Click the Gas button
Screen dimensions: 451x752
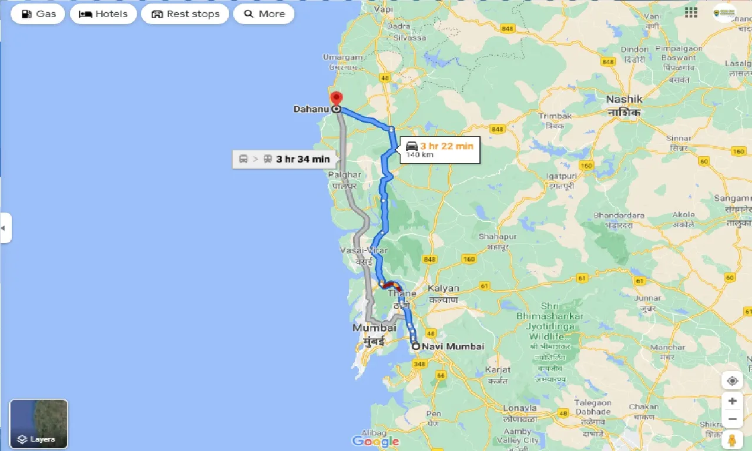coord(38,14)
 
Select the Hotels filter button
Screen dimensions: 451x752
coord(103,14)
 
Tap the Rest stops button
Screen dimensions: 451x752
coord(185,14)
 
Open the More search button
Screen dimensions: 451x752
coord(264,14)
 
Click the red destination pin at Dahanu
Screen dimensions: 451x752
coord(336,99)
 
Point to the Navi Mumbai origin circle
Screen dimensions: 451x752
coord(416,346)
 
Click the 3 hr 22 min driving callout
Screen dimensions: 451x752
coord(440,149)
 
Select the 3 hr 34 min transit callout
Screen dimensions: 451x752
coord(284,159)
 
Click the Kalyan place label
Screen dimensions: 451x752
coord(443,288)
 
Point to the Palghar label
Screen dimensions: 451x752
coord(344,175)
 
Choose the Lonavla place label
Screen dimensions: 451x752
coord(520,408)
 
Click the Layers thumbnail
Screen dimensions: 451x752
coord(39,423)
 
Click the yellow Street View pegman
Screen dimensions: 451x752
coord(732,440)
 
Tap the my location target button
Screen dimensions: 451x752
coord(732,381)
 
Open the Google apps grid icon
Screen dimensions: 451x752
coord(691,12)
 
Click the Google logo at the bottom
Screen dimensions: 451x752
coord(376,441)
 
